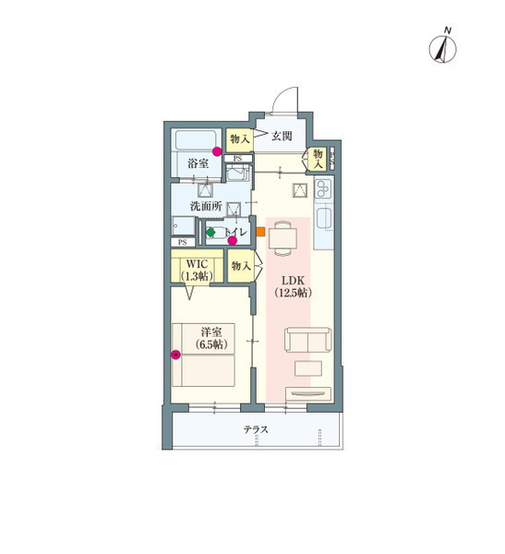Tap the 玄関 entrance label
[282, 136]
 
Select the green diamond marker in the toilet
[210, 233]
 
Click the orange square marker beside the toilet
[260, 232]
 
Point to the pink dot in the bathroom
[217, 151]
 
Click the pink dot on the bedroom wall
[175, 355]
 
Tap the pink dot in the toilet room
[232, 241]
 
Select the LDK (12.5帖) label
[293, 286]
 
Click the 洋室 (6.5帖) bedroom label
[211, 338]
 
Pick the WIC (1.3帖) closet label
[197, 271]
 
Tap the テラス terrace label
[256, 429]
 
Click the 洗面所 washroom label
[206, 206]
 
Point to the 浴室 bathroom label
[198, 163]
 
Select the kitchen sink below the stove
[324, 219]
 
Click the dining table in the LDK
[283, 238]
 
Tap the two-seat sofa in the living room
[308, 340]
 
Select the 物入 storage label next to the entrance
[240, 139]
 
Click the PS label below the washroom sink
[183, 242]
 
